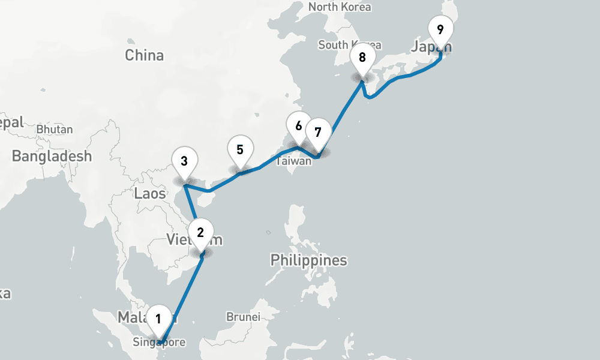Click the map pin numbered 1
(x=158, y=319)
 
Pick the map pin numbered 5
(x=240, y=149)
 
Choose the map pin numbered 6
(x=298, y=126)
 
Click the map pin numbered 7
(x=318, y=132)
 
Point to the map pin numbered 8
(x=362, y=58)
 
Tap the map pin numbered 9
(x=440, y=29)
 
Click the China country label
(x=144, y=55)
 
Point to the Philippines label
(x=308, y=260)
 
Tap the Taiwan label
(x=293, y=161)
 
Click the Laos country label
(x=150, y=193)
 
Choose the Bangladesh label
(x=52, y=157)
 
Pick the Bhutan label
(x=55, y=129)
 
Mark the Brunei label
(x=243, y=317)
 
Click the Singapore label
(x=160, y=343)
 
